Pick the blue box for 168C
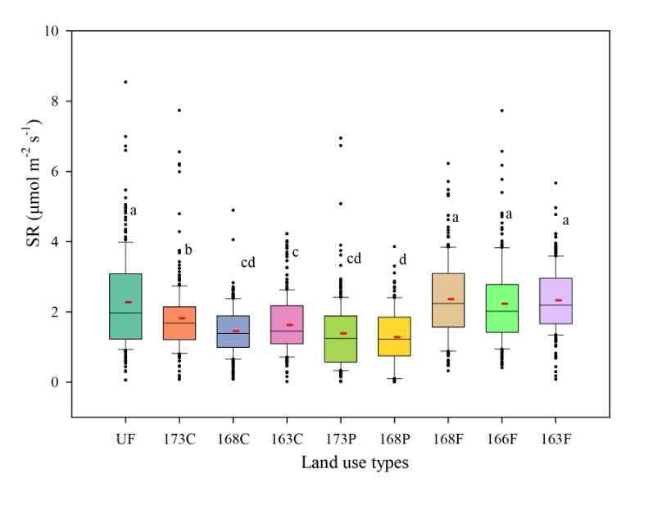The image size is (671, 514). coord(233,331)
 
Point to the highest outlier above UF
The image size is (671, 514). coord(125,82)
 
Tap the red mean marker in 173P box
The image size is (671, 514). coord(343,333)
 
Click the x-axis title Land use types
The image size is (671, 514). coord(354,463)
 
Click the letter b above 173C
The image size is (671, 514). coord(188,250)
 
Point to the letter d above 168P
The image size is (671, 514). coord(402,260)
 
